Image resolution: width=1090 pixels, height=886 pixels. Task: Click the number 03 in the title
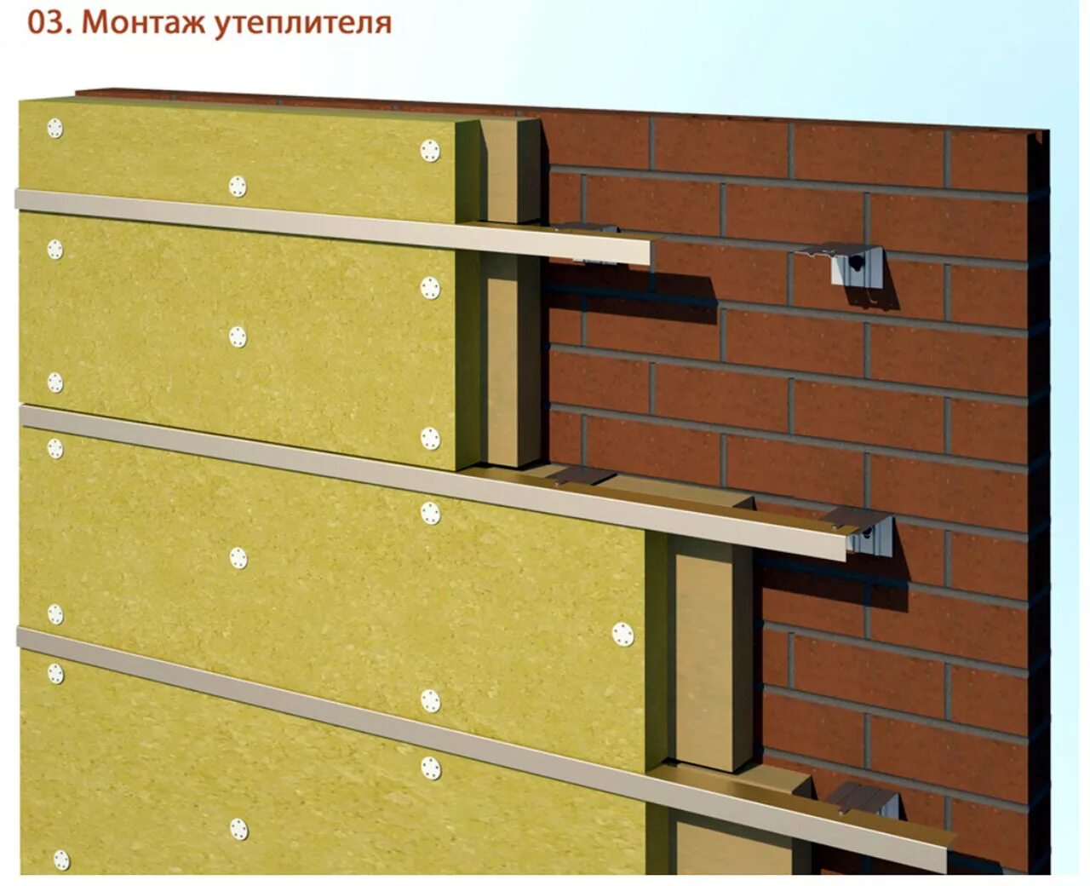click(x=47, y=23)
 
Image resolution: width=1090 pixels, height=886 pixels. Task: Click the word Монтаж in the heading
click(x=144, y=23)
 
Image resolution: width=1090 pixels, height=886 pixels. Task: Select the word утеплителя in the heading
click(x=302, y=24)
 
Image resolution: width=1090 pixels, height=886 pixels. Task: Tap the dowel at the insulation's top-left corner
click(x=55, y=128)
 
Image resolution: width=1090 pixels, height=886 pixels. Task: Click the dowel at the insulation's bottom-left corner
click(x=61, y=859)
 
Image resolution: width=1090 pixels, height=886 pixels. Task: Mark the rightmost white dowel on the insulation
click(x=622, y=634)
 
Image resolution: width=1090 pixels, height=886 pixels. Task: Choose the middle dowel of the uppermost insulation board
click(x=238, y=186)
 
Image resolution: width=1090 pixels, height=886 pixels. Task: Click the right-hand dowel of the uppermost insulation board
click(x=430, y=151)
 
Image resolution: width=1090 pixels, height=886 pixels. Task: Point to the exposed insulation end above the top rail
click(x=509, y=170)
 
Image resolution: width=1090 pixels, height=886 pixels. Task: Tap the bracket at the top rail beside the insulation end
click(x=586, y=228)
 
